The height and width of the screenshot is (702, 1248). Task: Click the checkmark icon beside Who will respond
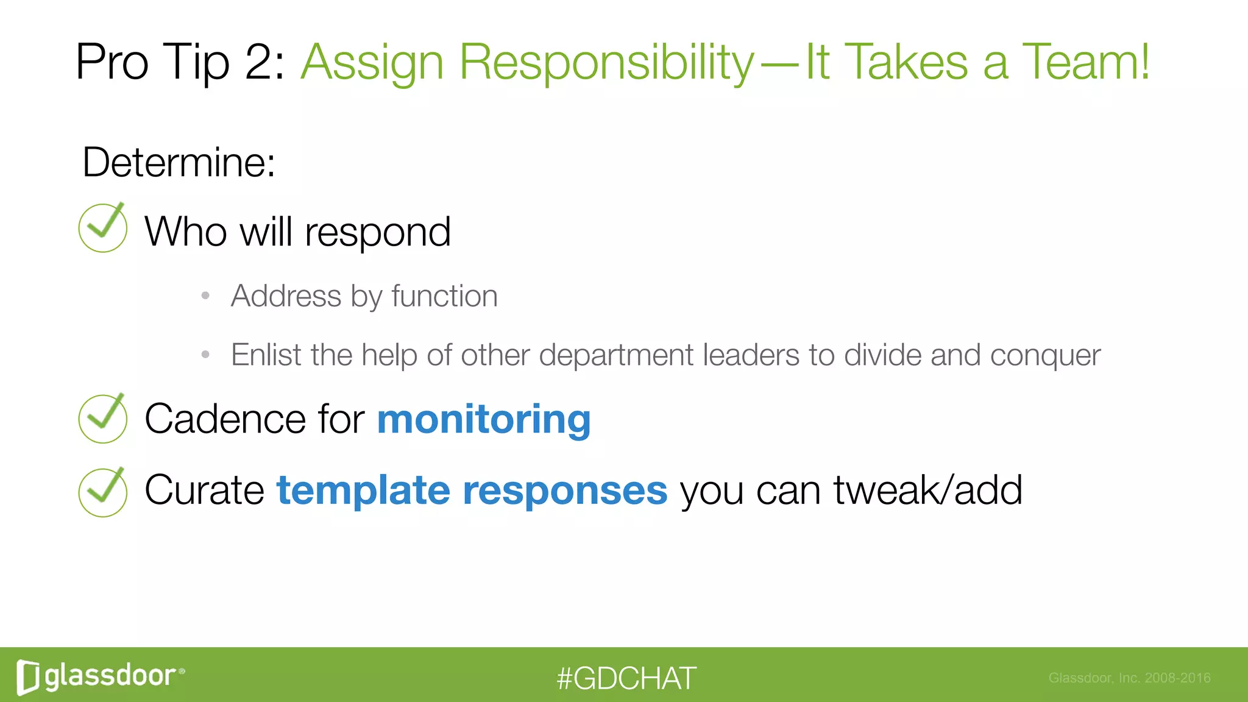pos(103,228)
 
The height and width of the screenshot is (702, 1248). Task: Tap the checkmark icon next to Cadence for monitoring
pos(103,419)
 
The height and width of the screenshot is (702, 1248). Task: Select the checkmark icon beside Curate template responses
pos(103,492)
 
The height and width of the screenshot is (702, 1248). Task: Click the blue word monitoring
pos(484,420)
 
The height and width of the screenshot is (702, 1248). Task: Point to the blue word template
pos(363,491)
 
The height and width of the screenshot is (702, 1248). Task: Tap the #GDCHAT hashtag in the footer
pos(626,678)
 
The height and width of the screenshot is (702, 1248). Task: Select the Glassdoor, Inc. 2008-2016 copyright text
pos(1129,678)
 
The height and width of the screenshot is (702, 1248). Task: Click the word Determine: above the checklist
pos(179,163)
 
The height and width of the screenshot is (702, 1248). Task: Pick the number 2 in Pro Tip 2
pos(259,62)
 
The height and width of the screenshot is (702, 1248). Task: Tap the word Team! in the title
pos(1085,62)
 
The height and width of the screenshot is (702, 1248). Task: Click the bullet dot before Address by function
pos(206,296)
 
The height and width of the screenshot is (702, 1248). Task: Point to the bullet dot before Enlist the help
pos(206,354)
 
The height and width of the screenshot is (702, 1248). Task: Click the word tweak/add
pos(927,491)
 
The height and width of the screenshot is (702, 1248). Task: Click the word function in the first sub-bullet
pos(444,296)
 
